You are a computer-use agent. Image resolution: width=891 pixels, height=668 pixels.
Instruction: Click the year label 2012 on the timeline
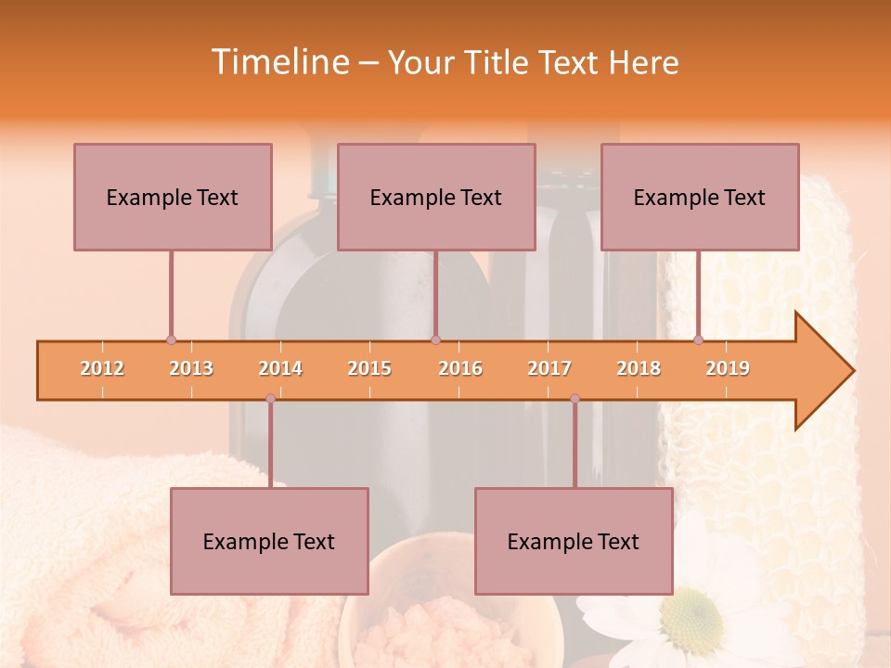click(102, 368)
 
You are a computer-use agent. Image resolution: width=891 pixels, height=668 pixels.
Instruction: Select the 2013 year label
click(191, 368)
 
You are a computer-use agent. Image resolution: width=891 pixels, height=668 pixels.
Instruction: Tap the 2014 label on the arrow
click(280, 368)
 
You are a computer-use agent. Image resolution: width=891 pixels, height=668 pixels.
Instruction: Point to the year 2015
click(369, 368)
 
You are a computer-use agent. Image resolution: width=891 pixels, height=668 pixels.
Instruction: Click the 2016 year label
click(460, 368)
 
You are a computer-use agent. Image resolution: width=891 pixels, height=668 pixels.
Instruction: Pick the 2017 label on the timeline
click(549, 368)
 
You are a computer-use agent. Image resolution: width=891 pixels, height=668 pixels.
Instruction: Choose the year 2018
click(639, 368)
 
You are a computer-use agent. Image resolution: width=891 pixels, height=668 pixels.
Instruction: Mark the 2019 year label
click(728, 368)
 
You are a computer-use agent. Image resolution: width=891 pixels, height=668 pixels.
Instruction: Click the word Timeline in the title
click(278, 62)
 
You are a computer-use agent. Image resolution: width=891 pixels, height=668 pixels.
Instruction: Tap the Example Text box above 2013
click(173, 197)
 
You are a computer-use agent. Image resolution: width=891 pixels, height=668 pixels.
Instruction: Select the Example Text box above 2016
click(436, 197)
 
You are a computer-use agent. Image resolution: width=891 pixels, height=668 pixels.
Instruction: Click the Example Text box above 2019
click(700, 197)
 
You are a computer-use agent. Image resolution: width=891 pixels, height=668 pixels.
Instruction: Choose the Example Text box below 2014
click(269, 541)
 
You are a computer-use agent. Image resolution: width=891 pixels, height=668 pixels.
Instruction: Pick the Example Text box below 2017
click(574, 541)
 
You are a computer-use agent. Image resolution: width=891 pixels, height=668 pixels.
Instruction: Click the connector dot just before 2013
click(171, 340)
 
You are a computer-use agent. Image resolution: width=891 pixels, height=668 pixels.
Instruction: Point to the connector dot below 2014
click(270, 398)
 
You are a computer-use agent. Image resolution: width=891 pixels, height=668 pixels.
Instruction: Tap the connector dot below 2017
click(575, 398)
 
